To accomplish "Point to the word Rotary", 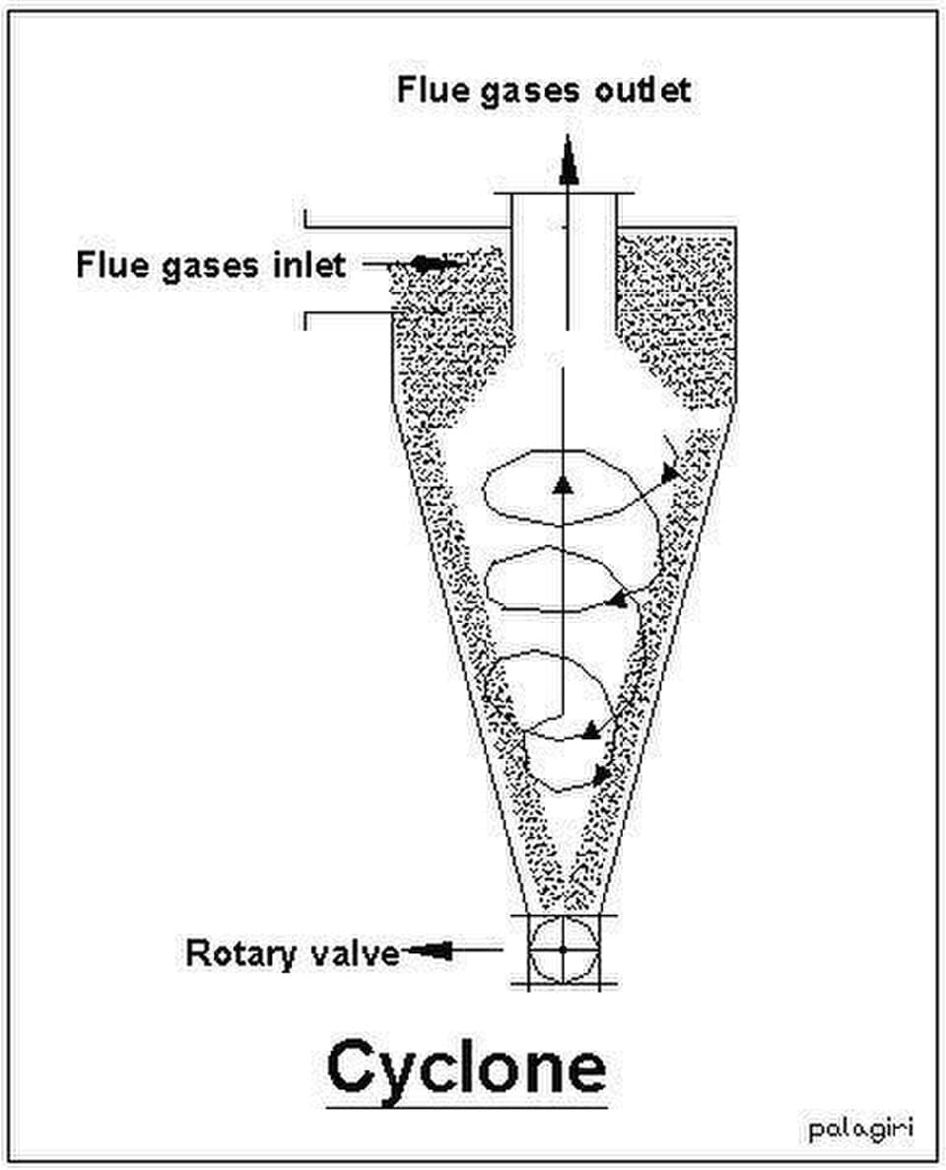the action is tap(240, 954).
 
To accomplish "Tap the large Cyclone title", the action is tap(466, 1069).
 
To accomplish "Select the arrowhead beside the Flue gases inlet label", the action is tap(429, 263).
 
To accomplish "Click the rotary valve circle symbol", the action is tap(564, 949).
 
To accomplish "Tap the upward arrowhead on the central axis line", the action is tap(563, 485).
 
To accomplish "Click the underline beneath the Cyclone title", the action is tap(466, 1107).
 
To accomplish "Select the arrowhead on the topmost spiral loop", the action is tap(669, 471).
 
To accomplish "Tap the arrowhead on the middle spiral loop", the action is tap(618, 597).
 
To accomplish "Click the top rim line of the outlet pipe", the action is tap(565, 193).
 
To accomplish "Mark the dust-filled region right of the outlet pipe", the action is tap(674, 313).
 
